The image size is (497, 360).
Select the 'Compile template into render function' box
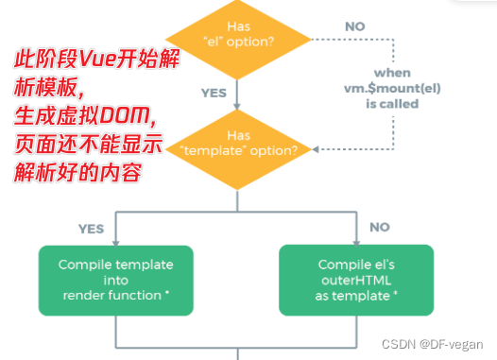tap(114, 280)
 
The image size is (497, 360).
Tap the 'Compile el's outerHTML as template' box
tap(356, 280)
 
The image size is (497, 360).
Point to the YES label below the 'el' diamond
tap(214, 94)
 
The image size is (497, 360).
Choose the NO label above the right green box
tap(381, 227)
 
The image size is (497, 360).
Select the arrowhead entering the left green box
tap(114, 243)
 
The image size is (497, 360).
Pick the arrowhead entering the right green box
tap(356, 243)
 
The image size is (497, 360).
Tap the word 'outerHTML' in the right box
tap(356, 280)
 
